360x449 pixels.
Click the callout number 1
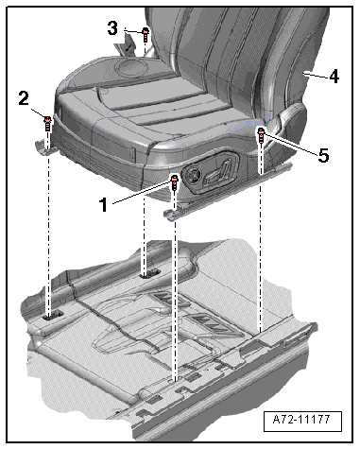coord(104,205)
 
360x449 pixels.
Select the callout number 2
coord(24,98)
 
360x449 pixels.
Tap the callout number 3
coord(112,28)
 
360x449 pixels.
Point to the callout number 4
coord(334,76)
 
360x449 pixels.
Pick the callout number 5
coord(323,155)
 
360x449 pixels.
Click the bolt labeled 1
coord(174,182)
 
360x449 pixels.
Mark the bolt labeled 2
coord(47,123)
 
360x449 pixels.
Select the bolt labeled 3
coord(146,34)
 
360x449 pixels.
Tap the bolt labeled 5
coord(261,134)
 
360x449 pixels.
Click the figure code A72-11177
coord(302,420)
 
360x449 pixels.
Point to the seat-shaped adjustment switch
coord(217,173)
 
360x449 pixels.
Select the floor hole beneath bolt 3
coord(150,273)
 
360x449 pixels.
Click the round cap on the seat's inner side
coord(130,67)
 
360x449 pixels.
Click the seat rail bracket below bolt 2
coord(46,147)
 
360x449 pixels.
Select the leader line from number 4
coord(316,76)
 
